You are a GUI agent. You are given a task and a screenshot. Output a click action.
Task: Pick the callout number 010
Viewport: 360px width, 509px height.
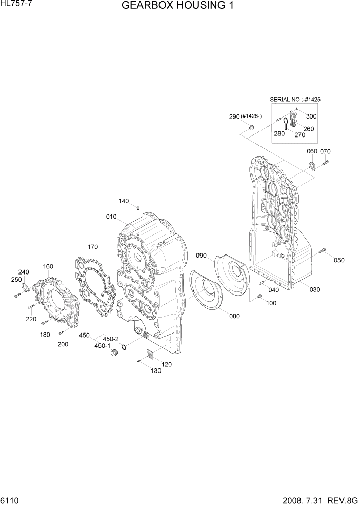[111, 217]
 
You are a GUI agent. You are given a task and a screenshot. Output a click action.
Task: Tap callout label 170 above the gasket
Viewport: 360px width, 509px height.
[92, 247]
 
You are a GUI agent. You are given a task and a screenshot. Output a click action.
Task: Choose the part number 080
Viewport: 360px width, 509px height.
[234, 316]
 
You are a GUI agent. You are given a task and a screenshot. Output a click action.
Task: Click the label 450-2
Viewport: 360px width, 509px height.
[111, 339]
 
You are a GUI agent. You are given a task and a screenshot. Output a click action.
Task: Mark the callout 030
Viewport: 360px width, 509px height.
[315, 289]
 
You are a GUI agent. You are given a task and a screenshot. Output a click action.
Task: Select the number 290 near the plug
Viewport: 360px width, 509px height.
[234, 117]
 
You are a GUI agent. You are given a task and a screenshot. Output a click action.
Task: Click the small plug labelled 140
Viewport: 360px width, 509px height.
[138, 207]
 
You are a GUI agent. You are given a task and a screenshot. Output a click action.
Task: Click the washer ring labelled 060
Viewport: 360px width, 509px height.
[311, 165]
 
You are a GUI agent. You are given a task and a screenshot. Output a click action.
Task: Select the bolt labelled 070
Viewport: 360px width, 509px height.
[326, 163]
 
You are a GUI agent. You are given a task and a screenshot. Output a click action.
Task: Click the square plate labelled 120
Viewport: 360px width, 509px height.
[151, 354]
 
